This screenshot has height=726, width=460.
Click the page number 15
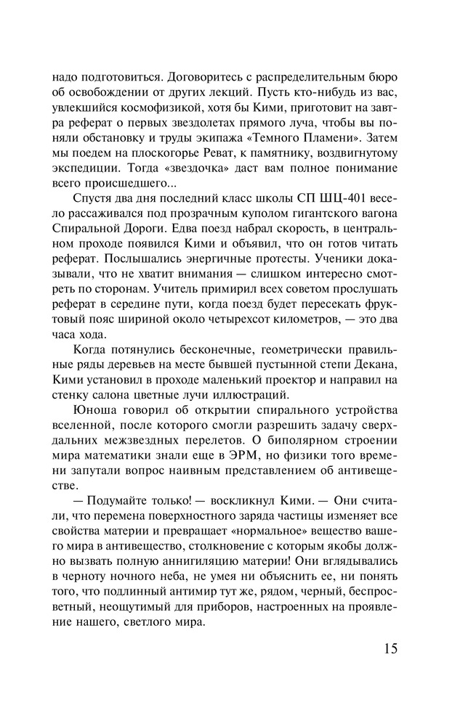click(387, 648)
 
